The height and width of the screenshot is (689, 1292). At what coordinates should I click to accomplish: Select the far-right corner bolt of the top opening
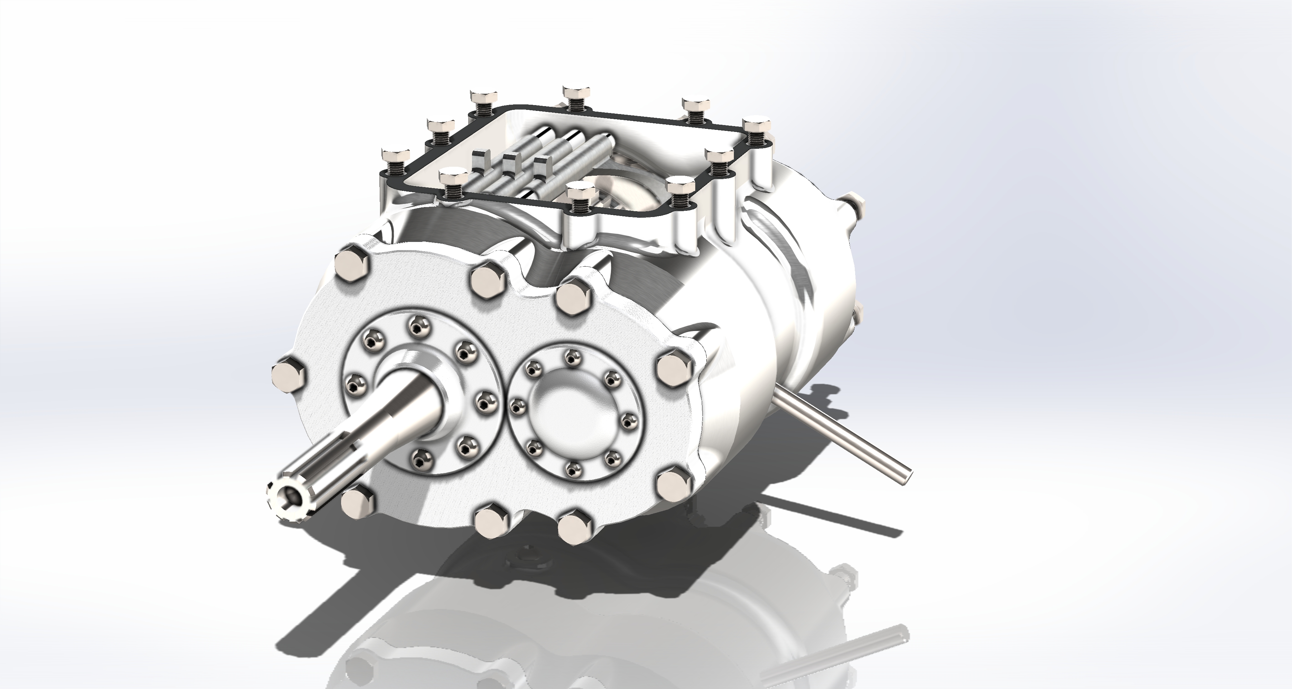pos(756,125)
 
